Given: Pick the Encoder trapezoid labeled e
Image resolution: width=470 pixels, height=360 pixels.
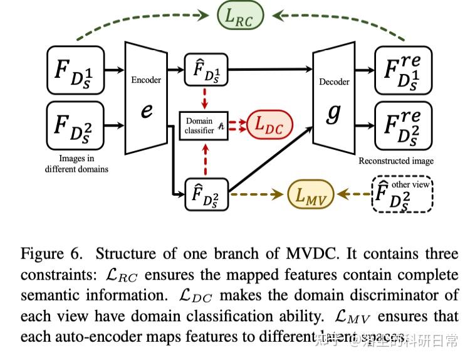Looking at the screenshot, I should coord(146,98).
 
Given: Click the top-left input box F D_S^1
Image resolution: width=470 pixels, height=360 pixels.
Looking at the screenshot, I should coord(76,70).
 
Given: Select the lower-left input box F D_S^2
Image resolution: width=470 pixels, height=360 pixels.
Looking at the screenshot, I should coord(76,125).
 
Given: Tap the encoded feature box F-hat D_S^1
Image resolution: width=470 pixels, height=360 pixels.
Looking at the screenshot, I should coord(207,69).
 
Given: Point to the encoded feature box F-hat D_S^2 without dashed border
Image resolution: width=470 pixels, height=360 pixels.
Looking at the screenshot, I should coord(207,194).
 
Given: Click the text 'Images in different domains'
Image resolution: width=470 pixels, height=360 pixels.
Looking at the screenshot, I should coord(76,164).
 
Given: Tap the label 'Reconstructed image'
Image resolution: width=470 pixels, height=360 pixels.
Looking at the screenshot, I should coord(396,161).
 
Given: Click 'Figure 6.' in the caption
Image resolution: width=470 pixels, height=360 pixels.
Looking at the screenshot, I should coord(51,254).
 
